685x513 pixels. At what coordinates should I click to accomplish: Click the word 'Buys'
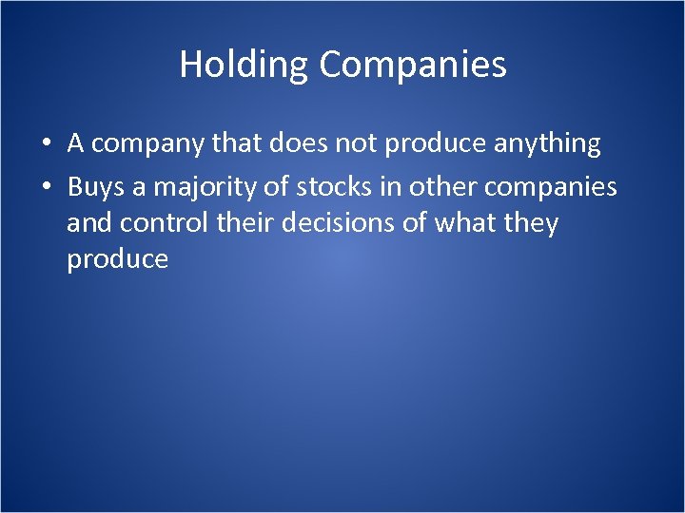97,187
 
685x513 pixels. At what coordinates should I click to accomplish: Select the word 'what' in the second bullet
466,224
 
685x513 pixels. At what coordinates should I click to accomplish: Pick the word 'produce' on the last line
117,259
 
